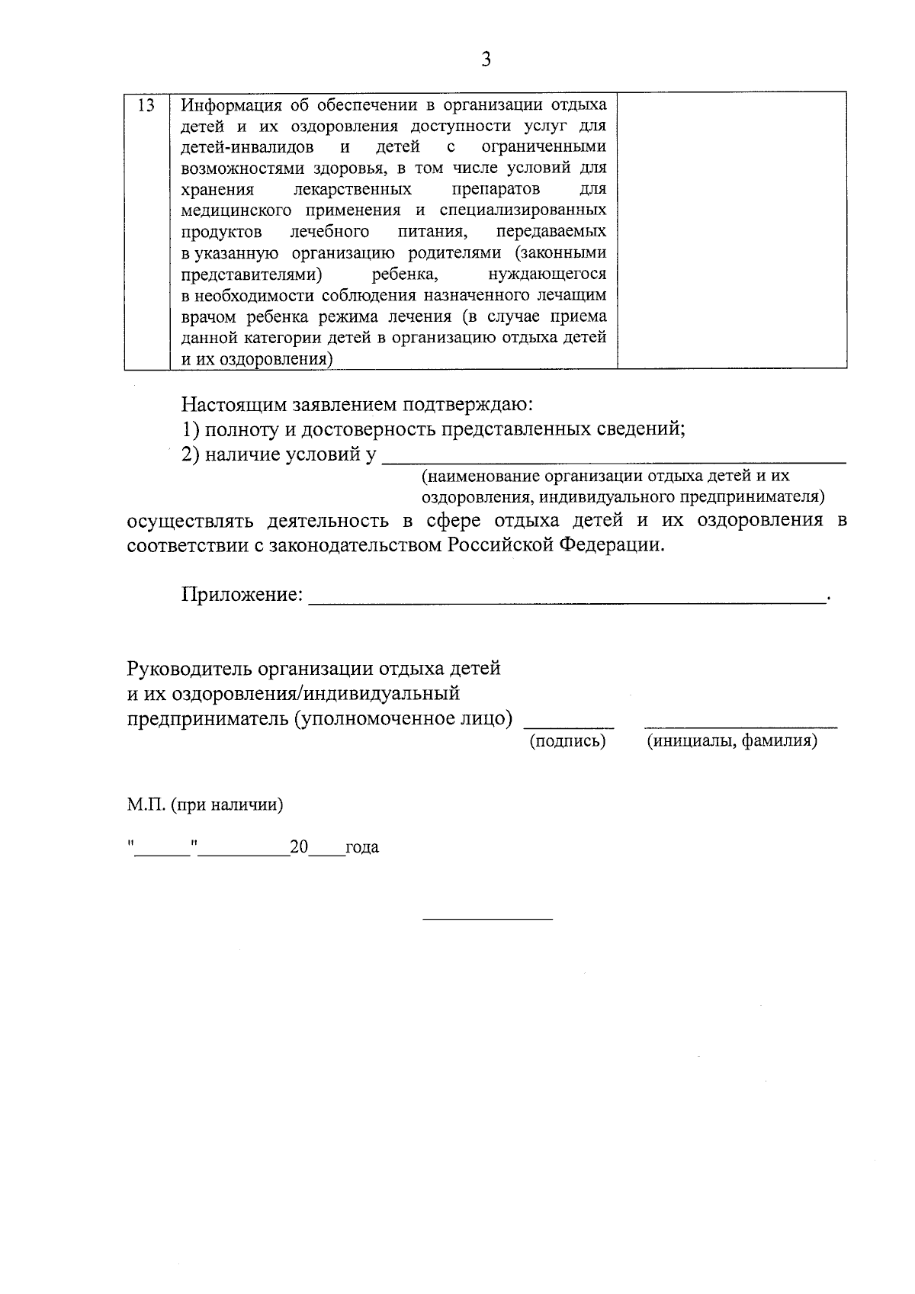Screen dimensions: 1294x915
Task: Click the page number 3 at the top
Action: point(486,59)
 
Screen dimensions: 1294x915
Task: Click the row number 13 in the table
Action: point(146,105)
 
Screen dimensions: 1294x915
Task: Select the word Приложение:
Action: point(242,594)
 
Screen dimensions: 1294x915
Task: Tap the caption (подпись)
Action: point(567,741)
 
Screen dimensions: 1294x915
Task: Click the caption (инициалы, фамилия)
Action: point(732,741)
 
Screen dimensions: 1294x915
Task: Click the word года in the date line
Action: point(362,847)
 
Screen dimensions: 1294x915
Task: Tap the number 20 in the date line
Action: point(298,847)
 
